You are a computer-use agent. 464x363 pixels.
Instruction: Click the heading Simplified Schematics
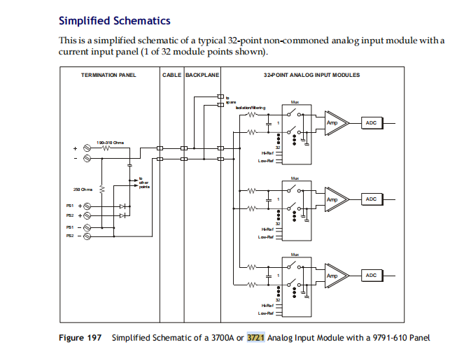tap(115, 22)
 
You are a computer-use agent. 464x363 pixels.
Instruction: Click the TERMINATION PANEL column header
tap(108, 74)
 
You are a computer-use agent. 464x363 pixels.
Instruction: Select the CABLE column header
tap(171, 74)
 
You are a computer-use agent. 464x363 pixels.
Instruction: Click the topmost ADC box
tap(372, 122)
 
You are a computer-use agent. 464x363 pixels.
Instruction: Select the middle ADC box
tap(372, 199)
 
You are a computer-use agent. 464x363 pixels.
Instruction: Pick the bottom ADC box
tap(372, 276)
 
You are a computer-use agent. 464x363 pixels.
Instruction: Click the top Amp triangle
tap(335, 122)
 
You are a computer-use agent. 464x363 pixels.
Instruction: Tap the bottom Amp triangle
tap(335, 276)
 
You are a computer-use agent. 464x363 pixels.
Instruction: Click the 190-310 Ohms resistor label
tap(110, 141)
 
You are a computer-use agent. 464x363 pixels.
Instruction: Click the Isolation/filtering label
tap(251, 107)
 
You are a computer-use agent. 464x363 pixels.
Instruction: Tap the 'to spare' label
tap(230, 99)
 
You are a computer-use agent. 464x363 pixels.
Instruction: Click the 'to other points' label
tap(144, 183)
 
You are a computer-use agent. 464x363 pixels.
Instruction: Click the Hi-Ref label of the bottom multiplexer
tap(266, 305)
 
